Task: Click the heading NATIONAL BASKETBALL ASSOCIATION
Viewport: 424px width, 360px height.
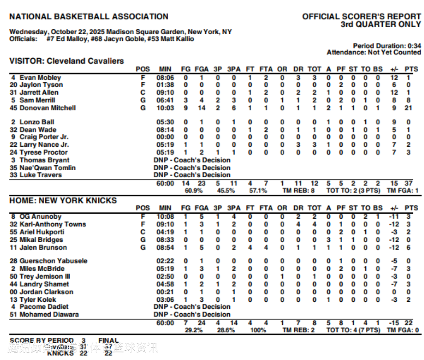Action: [89, 17]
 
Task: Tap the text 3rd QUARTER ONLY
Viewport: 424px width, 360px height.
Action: [380, 24]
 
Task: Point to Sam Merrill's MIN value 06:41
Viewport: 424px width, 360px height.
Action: [164, 100]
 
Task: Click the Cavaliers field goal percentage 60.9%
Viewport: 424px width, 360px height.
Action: [194, 191]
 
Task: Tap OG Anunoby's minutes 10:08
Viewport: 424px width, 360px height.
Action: [164, 217]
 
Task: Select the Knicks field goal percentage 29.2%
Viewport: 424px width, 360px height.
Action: [194, 330]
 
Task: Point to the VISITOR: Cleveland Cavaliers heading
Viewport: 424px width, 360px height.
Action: [67, 61]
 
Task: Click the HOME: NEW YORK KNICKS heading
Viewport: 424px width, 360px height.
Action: [63, 200]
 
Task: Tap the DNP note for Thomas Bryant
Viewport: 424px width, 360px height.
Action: [192, 160]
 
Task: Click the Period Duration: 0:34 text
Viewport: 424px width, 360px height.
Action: [387, 46]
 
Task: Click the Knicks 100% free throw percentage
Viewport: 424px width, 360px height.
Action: [258, 330]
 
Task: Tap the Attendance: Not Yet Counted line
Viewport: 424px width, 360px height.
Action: [374, 52]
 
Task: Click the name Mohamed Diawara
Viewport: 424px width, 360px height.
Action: [49, 315]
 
